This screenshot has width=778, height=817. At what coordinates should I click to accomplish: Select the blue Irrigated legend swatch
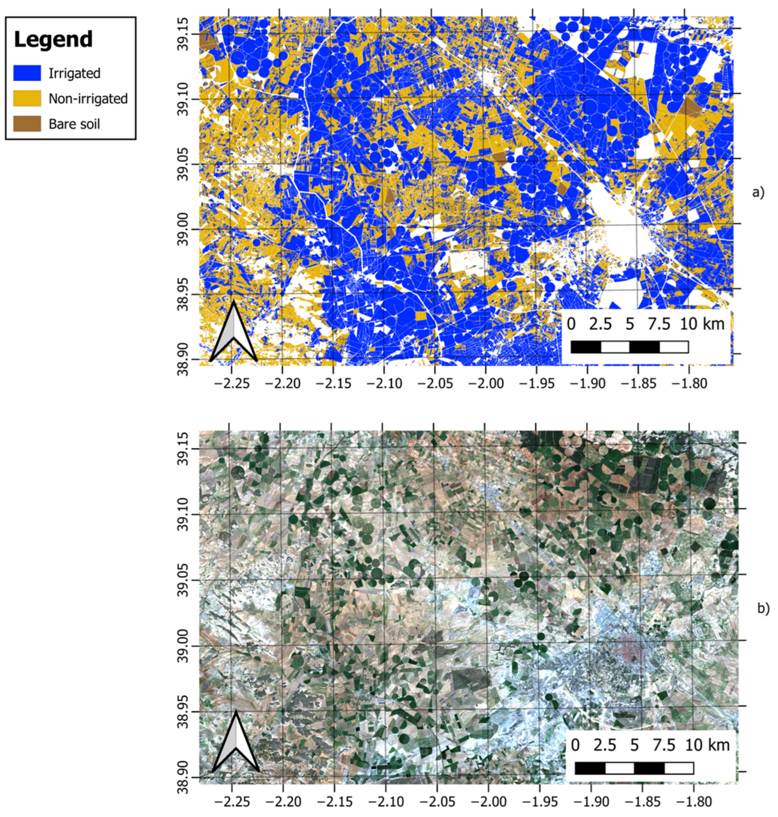[x=27, y=73]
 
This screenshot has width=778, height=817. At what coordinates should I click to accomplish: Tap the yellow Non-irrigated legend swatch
[x=27, y=99]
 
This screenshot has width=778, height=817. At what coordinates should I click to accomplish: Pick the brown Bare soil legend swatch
[x=27, y=124]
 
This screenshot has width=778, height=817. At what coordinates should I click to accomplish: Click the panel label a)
[x=758, y=192]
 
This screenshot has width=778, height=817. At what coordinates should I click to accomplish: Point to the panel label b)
[x=763, y=608]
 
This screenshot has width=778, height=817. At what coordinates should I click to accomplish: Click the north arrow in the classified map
[x=234, y=332]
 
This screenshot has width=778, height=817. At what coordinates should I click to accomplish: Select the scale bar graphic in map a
[x=629, y=347]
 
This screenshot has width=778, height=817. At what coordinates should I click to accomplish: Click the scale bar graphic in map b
[x=634, y=768]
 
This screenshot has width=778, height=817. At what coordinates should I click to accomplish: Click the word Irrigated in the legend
[x=75, y=73]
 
